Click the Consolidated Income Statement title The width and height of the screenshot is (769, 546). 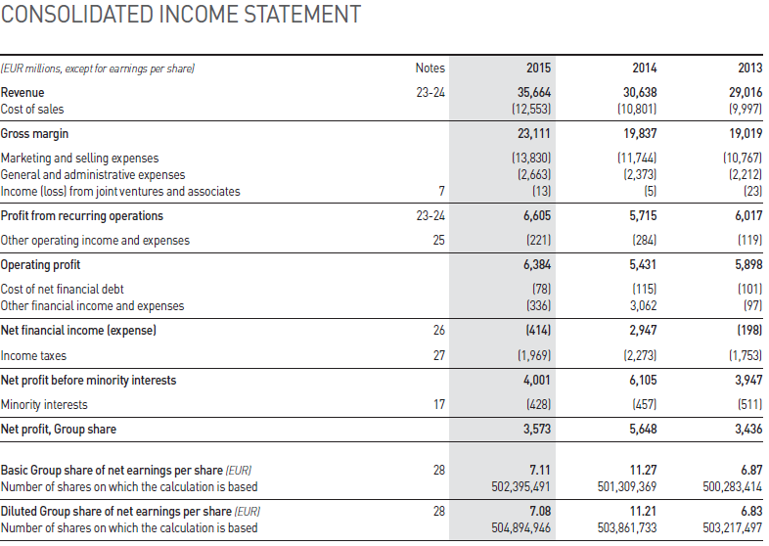click(181, 16)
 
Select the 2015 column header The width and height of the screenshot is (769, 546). click(538, 68)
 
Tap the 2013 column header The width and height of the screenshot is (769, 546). click(750, 68)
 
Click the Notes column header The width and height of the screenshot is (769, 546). click(430, 68)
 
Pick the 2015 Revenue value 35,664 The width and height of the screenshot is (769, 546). click(534, 92)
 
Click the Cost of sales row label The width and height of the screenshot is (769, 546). click(32, 109)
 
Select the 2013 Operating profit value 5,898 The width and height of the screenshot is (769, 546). click(744, 265)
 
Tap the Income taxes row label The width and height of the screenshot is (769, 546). click(34, 356)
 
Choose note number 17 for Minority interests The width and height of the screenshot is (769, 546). click(437, 404)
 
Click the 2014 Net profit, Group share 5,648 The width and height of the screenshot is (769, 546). click(640, 429)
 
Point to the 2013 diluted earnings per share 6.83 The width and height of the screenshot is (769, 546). click(750, 512)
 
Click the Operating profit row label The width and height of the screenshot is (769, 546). click(41, 265)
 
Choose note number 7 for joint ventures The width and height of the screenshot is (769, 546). click(441, 191)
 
